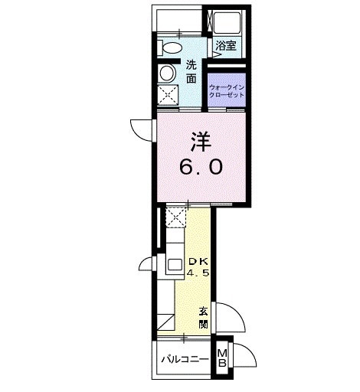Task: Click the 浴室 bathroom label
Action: click(225, 45)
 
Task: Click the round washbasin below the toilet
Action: click(167, 73)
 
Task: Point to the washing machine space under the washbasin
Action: click(168, 96)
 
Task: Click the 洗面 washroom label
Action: click(191, 71)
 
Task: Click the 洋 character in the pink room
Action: click(201, 142)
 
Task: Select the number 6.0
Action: click(201, 167)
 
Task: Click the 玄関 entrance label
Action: click(204, 318)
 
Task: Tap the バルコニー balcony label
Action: click(185, 358)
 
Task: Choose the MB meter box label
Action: click(222, 358)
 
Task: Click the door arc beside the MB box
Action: click(243, 355)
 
